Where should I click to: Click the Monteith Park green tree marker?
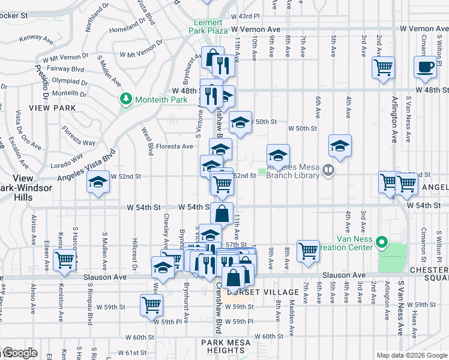point(126,98)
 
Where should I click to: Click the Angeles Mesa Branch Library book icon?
point(328,170)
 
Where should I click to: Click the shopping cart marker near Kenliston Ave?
point(64,260)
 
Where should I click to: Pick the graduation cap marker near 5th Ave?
point(340,145)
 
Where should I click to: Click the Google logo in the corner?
point(19,353)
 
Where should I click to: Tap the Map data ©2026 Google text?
point(411,355)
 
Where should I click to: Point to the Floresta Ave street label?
point(175,146)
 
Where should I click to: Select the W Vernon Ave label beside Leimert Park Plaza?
point(256,29)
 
